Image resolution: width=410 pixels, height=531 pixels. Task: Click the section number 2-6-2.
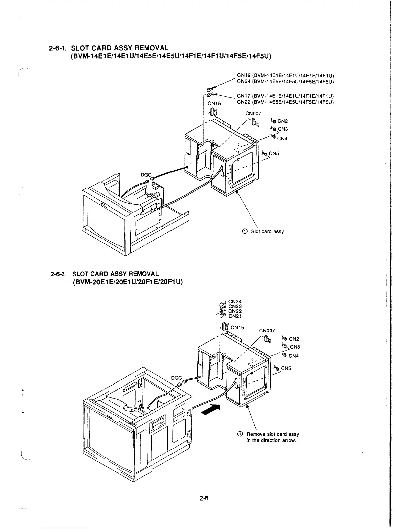(59, 274)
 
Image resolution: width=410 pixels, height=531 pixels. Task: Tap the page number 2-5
(204, 498)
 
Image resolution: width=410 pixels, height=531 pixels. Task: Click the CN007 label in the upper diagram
(253, 114)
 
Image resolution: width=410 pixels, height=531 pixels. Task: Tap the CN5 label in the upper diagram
(274, 154)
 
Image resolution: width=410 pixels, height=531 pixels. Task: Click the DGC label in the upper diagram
(146, 175)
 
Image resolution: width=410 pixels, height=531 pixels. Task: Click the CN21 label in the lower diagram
(235, 316)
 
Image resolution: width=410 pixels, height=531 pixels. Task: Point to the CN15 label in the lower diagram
(237, 327)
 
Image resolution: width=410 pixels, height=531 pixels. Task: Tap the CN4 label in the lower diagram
(293, 356)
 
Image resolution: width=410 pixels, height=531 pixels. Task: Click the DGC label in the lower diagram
(176, 378)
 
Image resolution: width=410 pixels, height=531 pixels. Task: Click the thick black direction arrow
(211, 410)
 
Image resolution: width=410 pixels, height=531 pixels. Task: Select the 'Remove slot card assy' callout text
(272, 434)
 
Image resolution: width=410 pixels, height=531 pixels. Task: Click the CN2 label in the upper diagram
(283, 121)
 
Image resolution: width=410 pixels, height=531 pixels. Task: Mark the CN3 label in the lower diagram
(295, 347)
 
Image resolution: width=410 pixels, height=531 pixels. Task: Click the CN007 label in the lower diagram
(267, 331)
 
